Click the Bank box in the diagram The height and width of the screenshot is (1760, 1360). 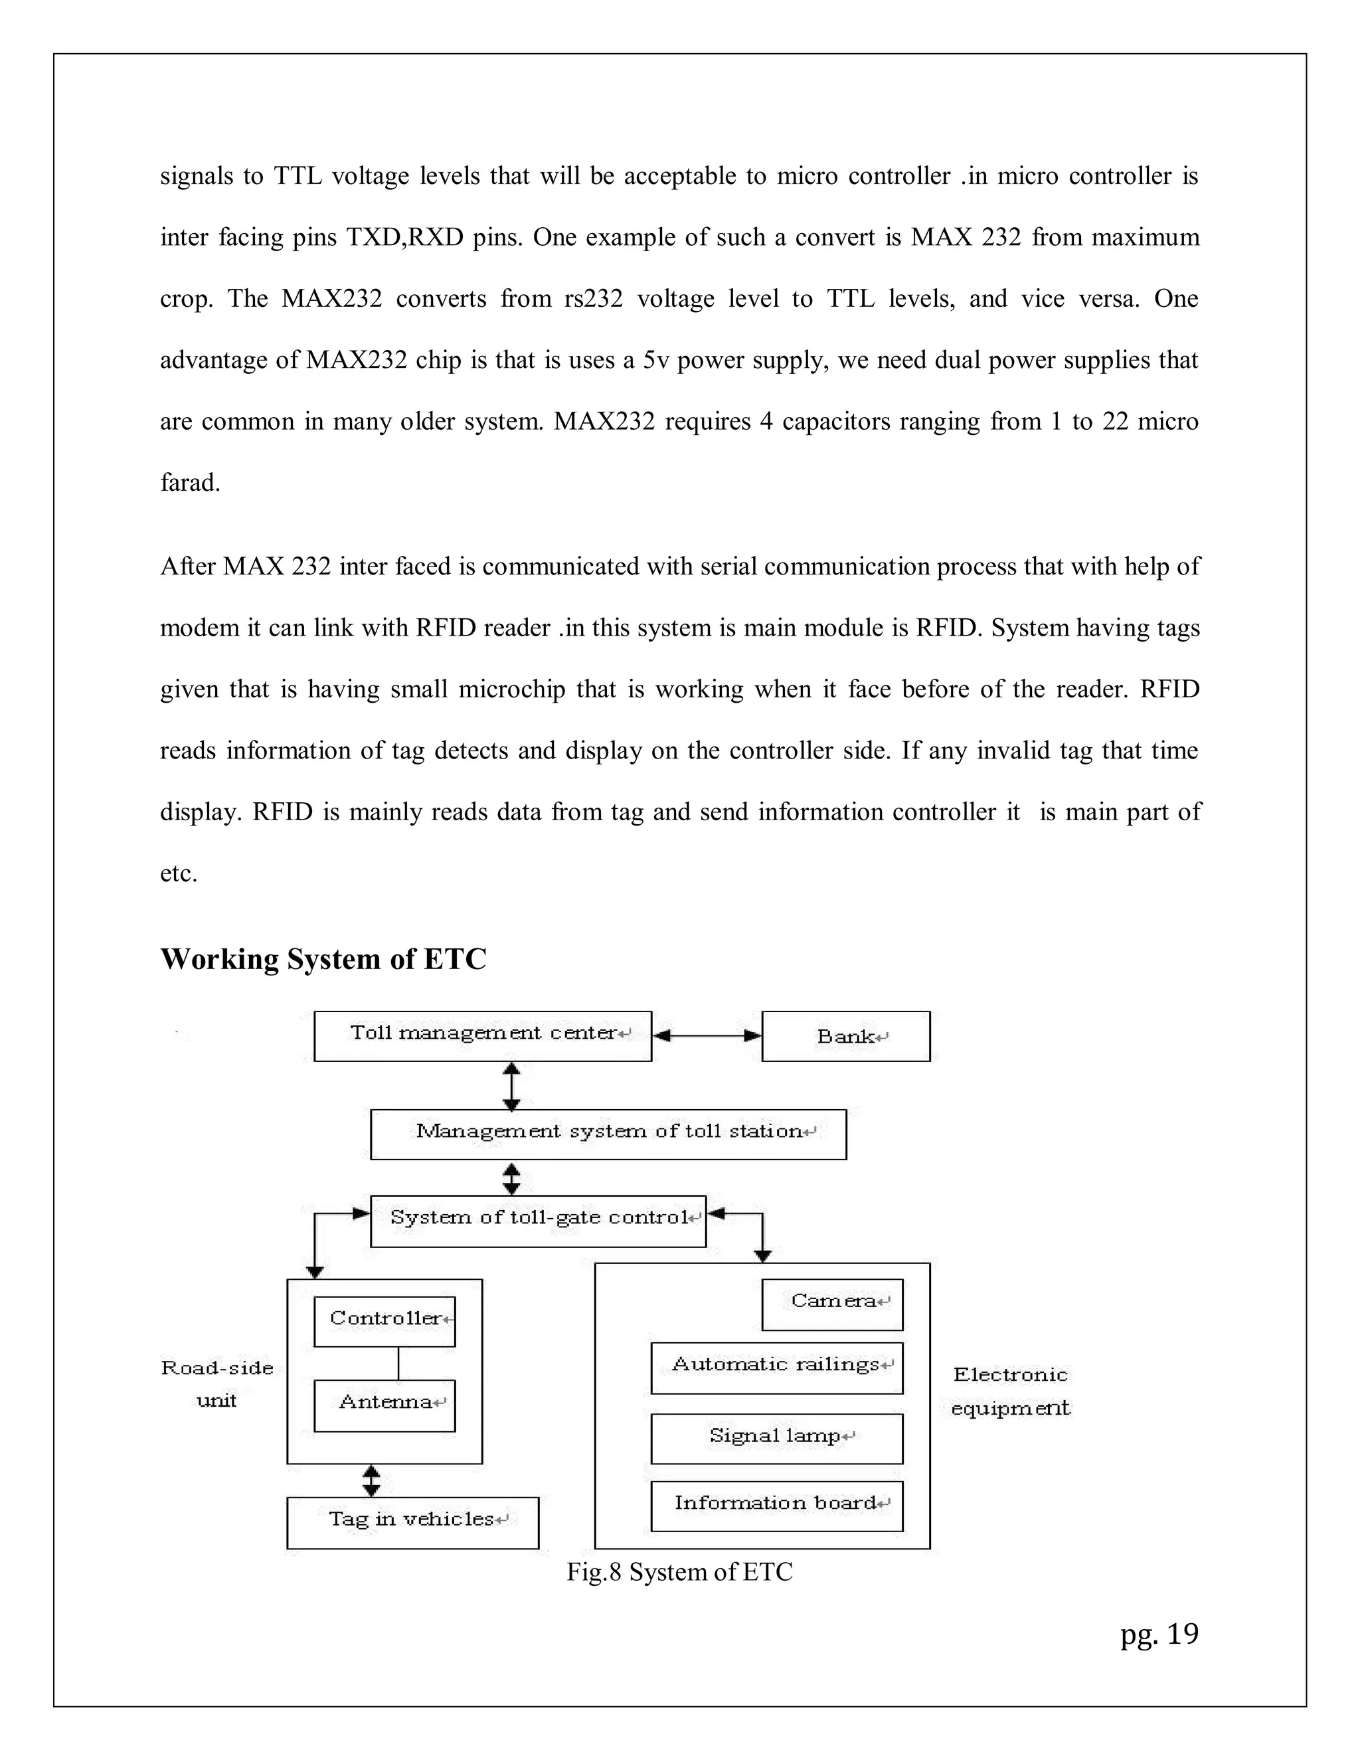coord(845,1036)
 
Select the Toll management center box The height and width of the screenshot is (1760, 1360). coord(482,1036)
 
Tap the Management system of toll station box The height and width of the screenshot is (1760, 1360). coord(608,1134)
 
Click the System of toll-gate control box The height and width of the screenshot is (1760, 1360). coord(538,1221)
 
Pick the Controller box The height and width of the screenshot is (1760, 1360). coord(384,1322)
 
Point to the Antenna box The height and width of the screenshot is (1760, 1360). coord(384,1406)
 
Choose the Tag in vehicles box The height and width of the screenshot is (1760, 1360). coord(412,1523)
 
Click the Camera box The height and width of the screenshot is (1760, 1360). coord(832,1304)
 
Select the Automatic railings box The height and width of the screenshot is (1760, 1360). coord(777,1368)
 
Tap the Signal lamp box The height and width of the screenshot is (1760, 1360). coord(777,1439)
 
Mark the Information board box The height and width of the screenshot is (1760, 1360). coord(777,1506)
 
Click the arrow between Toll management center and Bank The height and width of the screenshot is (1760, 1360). coord(707,1036)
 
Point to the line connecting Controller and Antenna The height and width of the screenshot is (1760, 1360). coord(399,1364)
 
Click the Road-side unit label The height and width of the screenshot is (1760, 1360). coord(216,1383)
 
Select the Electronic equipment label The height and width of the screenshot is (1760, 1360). coord(1010,1391)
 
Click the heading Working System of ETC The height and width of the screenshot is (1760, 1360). coord(323,959)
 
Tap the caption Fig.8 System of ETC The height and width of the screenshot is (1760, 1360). coord(679,1571)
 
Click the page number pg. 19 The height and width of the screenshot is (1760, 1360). coord(1159,1634)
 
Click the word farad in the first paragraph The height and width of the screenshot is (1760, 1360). coord(189,484)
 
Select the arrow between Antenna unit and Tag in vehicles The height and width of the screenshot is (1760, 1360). coord(371,1480)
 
